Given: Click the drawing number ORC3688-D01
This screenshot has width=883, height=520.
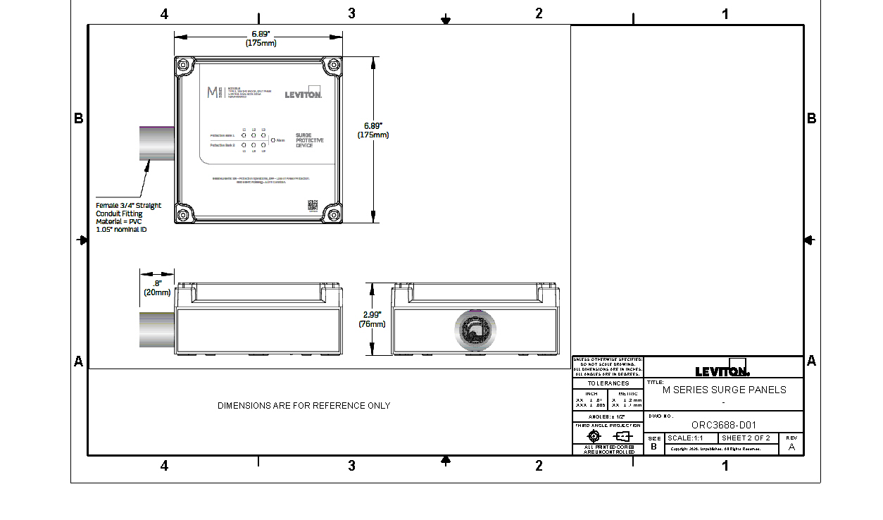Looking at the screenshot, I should coord(723,425).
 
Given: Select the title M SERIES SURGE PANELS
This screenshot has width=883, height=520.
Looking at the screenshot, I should coord(724,390).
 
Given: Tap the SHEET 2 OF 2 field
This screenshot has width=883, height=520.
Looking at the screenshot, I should coord(746,438).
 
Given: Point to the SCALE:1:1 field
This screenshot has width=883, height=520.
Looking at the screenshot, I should coord(685,438).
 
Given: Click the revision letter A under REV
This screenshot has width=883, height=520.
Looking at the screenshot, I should coord(791,447).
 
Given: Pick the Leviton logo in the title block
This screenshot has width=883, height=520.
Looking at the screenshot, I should coord(722,370).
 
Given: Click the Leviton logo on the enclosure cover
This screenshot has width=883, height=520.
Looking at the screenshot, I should coord(303,94).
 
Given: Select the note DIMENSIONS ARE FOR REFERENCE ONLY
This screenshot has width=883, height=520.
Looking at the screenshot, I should coord(303,406).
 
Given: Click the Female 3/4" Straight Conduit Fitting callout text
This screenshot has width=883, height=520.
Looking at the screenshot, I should coord(128,217).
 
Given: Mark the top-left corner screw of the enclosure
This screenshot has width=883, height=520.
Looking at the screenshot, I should coord(183,65).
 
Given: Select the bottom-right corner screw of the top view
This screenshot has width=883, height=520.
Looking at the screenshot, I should coord(332,214).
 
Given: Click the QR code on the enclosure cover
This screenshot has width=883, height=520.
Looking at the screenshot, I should coord(313,205).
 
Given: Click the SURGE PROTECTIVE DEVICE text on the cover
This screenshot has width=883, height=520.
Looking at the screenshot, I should coord(309,140).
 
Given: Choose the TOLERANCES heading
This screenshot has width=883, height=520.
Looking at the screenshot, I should coord(608,383).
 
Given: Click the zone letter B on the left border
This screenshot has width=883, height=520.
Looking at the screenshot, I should coord(79,118).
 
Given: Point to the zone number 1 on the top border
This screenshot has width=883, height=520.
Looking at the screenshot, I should coord(725,13).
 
